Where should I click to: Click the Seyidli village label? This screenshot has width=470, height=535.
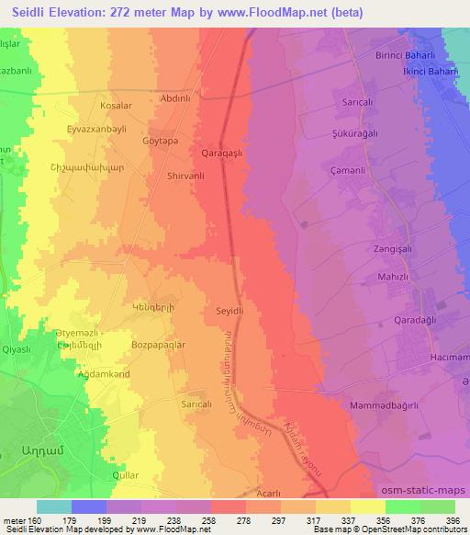[229, 311]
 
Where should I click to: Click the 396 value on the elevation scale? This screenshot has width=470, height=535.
[451, 520]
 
